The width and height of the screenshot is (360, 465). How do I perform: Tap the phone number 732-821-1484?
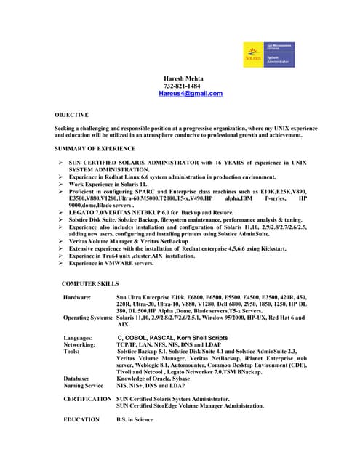182,86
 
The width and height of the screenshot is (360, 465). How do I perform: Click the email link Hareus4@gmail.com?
191,94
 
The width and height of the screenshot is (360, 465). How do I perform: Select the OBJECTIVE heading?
71,115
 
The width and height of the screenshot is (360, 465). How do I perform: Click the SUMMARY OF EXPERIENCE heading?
95,148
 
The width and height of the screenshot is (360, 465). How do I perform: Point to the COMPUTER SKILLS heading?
90,283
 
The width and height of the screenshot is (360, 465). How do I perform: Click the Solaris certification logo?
269,54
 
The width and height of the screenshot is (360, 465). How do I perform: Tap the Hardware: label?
77,298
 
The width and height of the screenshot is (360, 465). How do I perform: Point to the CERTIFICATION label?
87,399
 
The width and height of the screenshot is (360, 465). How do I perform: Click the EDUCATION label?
81,419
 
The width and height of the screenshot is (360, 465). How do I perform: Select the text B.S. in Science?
135,419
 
